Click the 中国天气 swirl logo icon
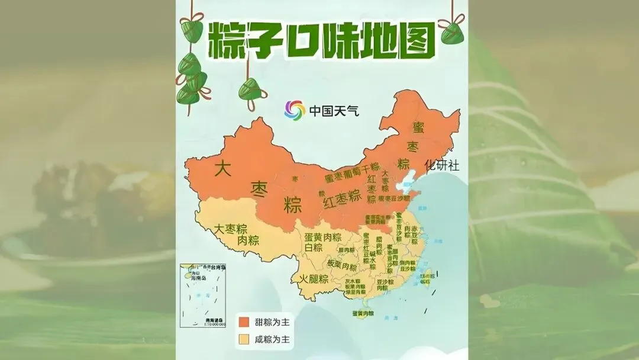pos(294,110)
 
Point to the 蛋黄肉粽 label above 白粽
pos(323,237)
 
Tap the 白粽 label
pos(314,247)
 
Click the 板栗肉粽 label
pos(342,265)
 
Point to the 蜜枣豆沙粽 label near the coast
pos(393,198)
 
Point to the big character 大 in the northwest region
pos(222,169)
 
